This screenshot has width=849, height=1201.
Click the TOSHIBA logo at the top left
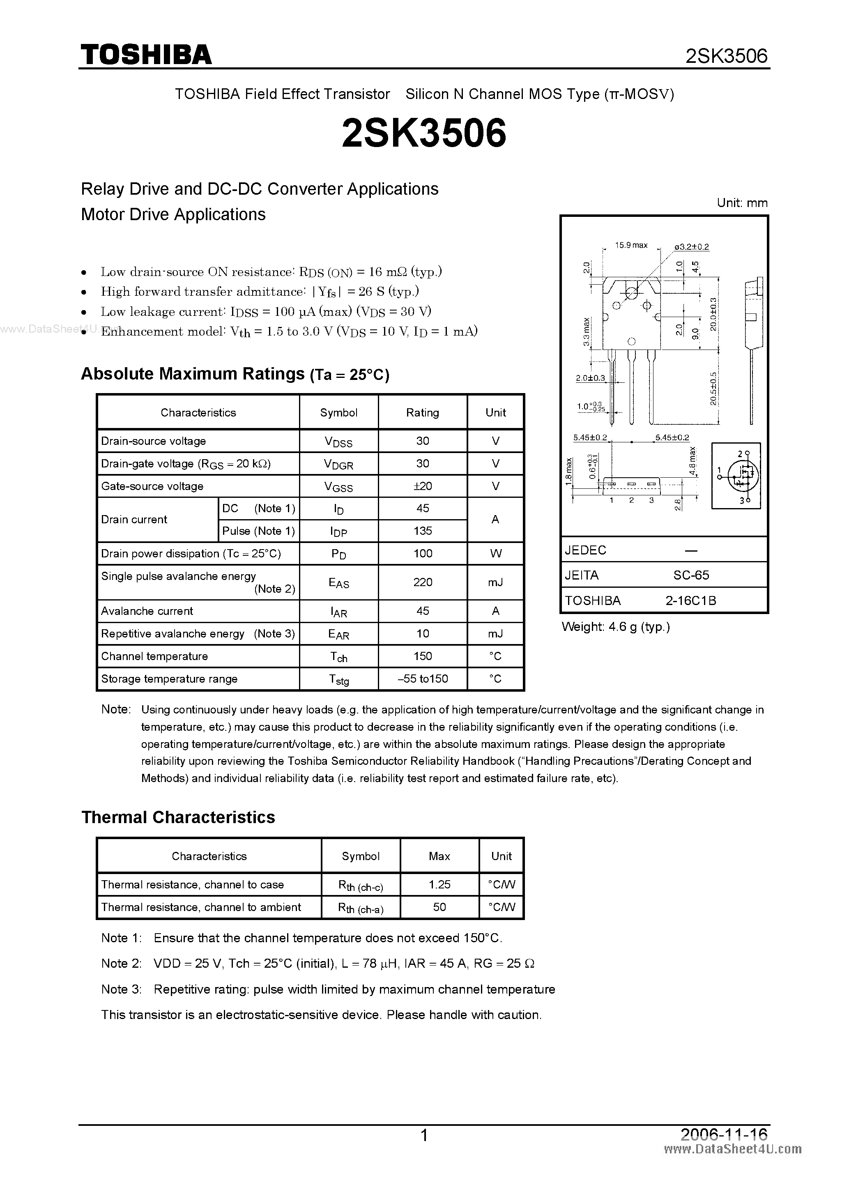(x=146, y=54)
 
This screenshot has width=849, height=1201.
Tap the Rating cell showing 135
(x=423, y=531)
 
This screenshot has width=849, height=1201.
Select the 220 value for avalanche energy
(x=423, y=582)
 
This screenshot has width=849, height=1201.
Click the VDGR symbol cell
(x=338, y=464)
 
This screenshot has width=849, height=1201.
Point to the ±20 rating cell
(x=423, y=486)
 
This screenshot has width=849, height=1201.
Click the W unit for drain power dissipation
(x=495, y=553)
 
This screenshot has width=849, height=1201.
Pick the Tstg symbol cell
(x=338, y=679)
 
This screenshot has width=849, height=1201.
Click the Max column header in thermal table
(x=439, y=856)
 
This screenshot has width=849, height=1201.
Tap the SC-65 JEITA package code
(x=690, y=575)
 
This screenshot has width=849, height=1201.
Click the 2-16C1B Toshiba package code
(x=690, y=600)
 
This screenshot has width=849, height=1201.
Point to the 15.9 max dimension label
(x=631, y=245)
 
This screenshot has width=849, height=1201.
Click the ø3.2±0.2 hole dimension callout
(x=692, y=246)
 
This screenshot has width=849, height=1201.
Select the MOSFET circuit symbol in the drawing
(x=736, y=475)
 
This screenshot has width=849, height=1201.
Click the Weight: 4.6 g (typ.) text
(x=616, y=627)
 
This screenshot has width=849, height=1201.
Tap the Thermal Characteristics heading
(x=178, y=817)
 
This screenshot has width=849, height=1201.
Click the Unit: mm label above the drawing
(x=742, y=203)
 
